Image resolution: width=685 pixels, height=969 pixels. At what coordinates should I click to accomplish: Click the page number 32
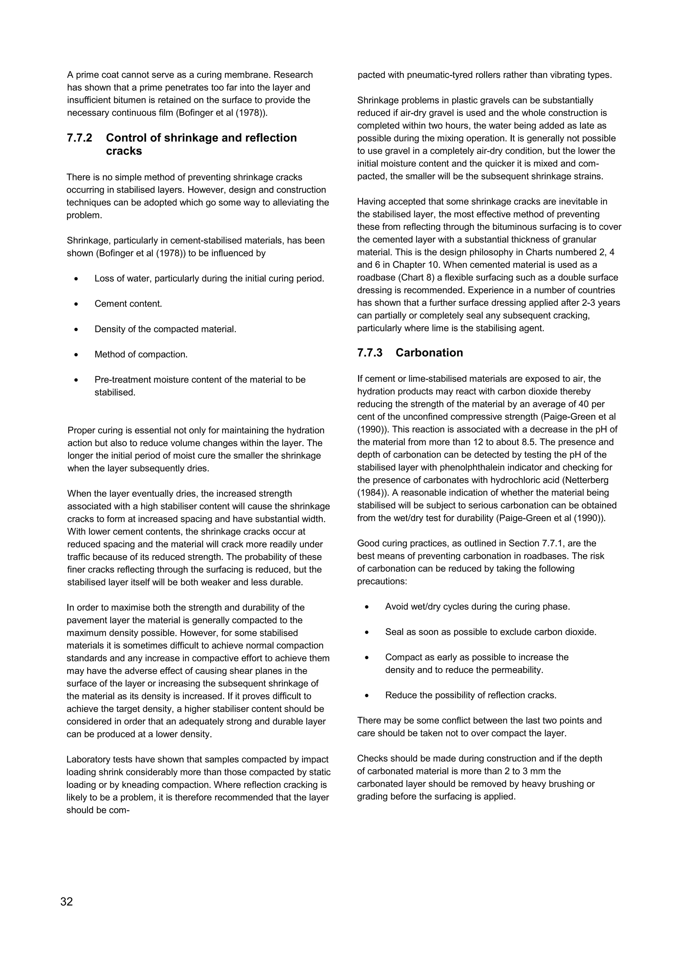(x=67, y=901)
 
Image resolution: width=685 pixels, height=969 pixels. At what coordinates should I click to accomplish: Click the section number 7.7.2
(x=79, y=138)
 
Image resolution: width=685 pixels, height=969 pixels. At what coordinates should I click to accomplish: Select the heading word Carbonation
(x=429, y=353)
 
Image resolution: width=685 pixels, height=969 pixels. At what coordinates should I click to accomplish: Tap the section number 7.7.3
(x=370, y=353)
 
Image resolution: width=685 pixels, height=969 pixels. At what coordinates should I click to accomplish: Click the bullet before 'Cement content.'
(x=76, y=304)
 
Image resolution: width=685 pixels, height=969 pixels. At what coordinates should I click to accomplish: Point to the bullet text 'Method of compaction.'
(x=141, y=354)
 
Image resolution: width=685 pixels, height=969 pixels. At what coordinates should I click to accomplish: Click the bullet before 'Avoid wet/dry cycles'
(x=367, y=607)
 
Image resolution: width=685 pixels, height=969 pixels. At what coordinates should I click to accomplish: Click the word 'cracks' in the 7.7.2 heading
(x=124, y=151)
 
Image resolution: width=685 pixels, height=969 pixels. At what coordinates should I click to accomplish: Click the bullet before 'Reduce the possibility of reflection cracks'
(x=367, y=695)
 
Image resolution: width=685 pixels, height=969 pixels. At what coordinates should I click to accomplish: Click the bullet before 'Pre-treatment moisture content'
(x=76, y=380)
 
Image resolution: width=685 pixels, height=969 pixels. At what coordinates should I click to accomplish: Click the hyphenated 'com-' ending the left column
(x=119, y=810)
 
